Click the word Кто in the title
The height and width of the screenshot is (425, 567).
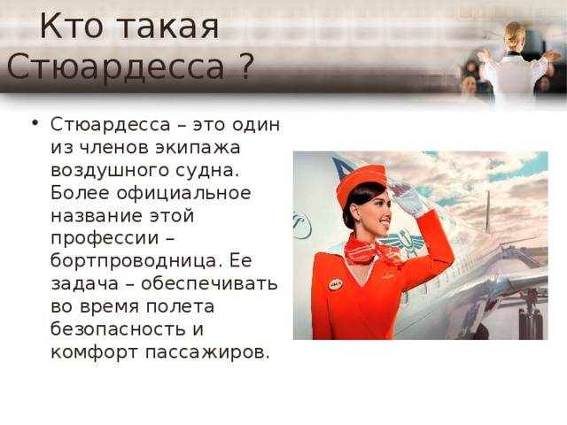72,26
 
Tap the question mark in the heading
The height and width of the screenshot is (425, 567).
245,66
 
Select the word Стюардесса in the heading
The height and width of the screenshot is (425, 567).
115,67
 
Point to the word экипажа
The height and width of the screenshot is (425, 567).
198,148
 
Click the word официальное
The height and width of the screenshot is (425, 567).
183,193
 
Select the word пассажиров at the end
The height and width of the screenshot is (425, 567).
207,352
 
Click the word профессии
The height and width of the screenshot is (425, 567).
105,239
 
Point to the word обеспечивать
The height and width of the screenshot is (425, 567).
209,283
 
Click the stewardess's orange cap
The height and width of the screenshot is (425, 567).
361,181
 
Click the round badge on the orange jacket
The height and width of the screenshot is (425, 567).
336,284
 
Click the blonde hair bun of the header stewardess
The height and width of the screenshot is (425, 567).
515,34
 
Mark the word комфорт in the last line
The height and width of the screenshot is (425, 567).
95,352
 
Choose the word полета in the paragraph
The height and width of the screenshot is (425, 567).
180,306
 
